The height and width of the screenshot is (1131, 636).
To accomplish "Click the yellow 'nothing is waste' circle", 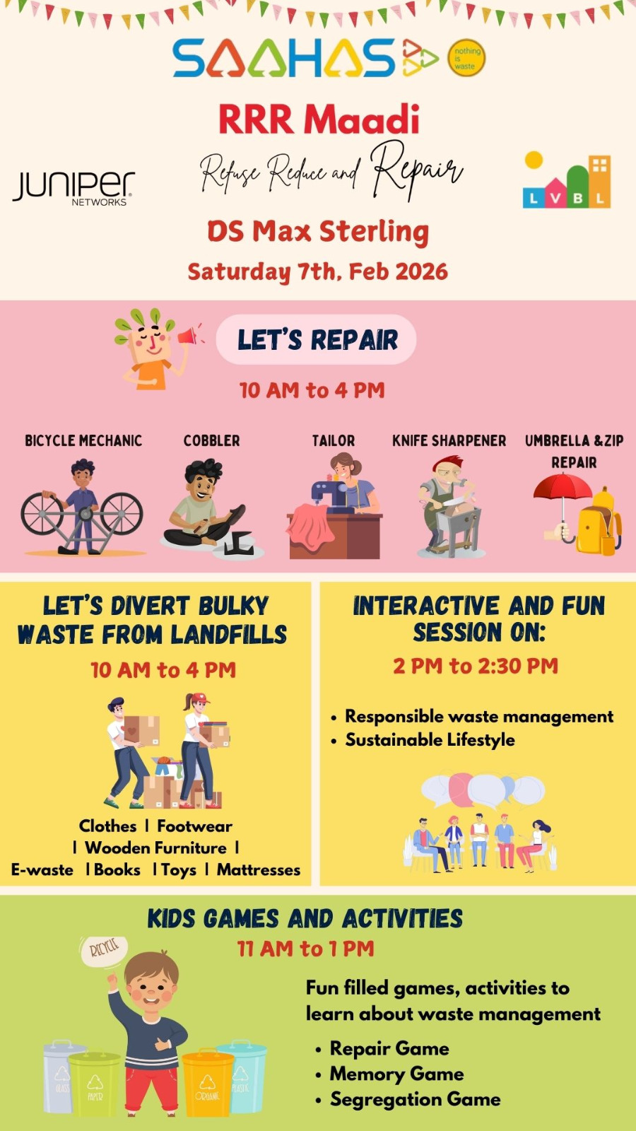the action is tap(466, 58).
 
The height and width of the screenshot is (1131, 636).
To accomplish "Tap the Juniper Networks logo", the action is tap(73, 188).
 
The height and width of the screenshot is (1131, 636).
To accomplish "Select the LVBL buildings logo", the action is tap(567, 180).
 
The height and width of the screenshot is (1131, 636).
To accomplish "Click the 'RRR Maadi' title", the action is tap(319, 119).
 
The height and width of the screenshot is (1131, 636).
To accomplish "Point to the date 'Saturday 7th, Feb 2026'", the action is tap(317, 271).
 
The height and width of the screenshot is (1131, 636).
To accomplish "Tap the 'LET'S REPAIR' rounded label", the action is tap(317, 339).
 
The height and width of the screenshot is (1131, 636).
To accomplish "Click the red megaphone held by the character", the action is tap(189, 335).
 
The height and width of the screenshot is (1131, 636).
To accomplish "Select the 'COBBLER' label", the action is tap(211, 441).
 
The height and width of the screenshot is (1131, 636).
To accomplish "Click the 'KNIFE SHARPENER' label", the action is tap(449, 441).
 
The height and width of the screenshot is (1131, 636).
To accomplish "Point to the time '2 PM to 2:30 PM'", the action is tap(476, 666).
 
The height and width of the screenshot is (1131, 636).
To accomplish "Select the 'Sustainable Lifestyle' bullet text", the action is tap(430, 739).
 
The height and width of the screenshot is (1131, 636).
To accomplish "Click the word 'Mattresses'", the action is tap(259, 869).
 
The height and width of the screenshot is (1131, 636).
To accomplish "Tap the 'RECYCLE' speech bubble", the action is tap(103, 950).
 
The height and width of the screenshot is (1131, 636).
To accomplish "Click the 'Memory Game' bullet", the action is tap(396, 1074).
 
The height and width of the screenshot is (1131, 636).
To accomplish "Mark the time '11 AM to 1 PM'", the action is tap(305, 949).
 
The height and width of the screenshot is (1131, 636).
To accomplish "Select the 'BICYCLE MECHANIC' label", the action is tap(83, 441).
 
